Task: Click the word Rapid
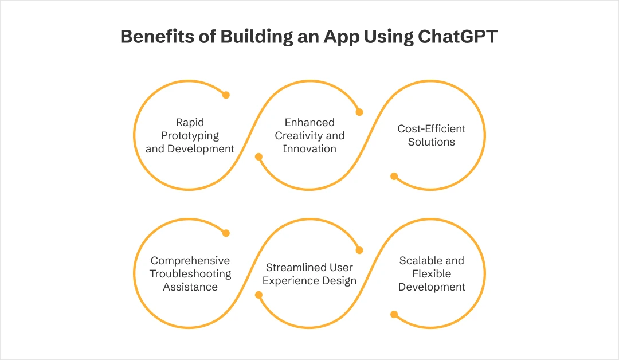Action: pyautogui.click(x=190, y=122)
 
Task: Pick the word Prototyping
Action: pyautogui.click(x=190, y=135)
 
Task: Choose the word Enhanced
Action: pyautogui.click(x=309, y=122)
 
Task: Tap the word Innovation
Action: pyautogui.click(x=309, y=148)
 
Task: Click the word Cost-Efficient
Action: pyautogui.click(x=432, y=128)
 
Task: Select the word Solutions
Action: pyautogui.click(x=432, y=142)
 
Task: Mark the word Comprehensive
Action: pyautogui.click(x=190, y=260)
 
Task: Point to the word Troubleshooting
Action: pyautogui.click(x=190, y=273)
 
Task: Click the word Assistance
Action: pyautogui.click(x=190, y=287)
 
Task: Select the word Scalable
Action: pyautogui.click(x=424, y=260)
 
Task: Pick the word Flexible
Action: pyautogui.click(x=432, y=273)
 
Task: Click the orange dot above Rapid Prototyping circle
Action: pyautogui.click(x=226, y=95)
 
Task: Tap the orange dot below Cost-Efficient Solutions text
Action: pyautogui.click(x=394, y=176)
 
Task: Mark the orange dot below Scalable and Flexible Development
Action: pyautogui.click(x=394, y=314)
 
